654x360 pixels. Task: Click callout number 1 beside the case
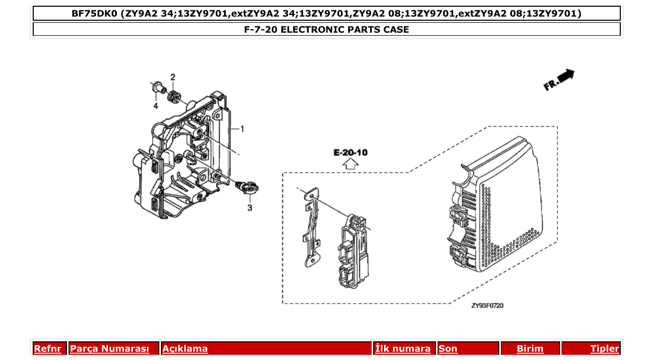point(241,128)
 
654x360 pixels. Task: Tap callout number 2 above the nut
point(173,77)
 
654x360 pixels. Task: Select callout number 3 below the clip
point(249,207)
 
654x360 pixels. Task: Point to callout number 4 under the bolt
point(155,106)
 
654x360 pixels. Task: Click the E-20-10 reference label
point(350,153)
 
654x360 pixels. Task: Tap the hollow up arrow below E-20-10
point(351,164)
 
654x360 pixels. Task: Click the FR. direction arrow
point(559,80)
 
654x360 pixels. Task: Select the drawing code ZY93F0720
point(487,306)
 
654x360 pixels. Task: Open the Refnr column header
point(47,349)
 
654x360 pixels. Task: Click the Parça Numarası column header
point(110,349)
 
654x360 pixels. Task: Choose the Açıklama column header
point(185,349)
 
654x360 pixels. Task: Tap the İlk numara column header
point(403,349)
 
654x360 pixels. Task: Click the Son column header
point(448,349)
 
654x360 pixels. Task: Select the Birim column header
point(530,349)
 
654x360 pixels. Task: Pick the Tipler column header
point(605,349)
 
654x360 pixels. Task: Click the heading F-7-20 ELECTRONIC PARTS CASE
point(326,30)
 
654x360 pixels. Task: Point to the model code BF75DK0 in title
point(94,13)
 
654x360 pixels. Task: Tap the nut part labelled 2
point(174,96)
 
